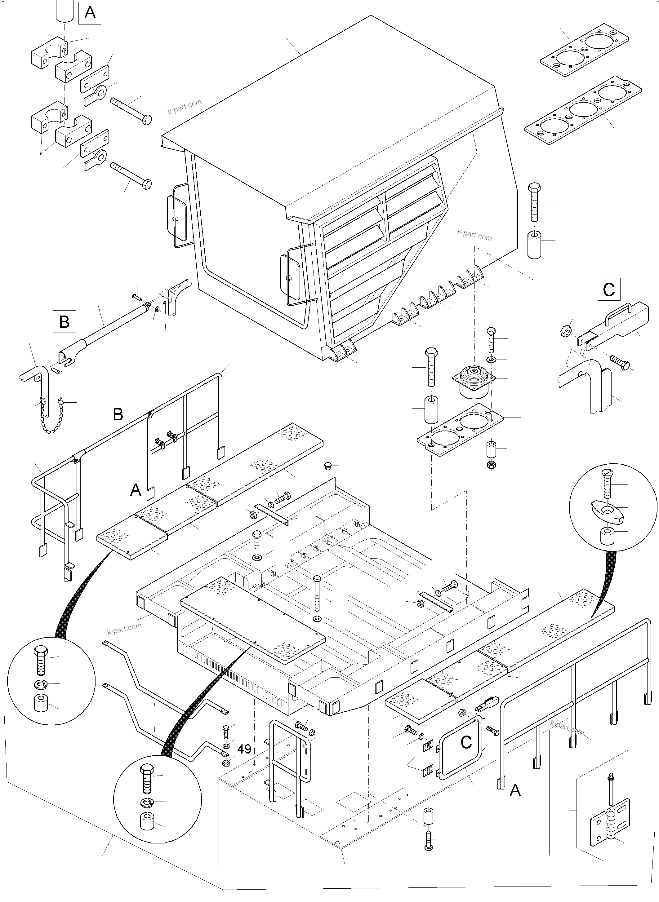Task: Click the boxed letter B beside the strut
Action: tap(65, 321)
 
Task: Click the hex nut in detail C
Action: tap(565, 330)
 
